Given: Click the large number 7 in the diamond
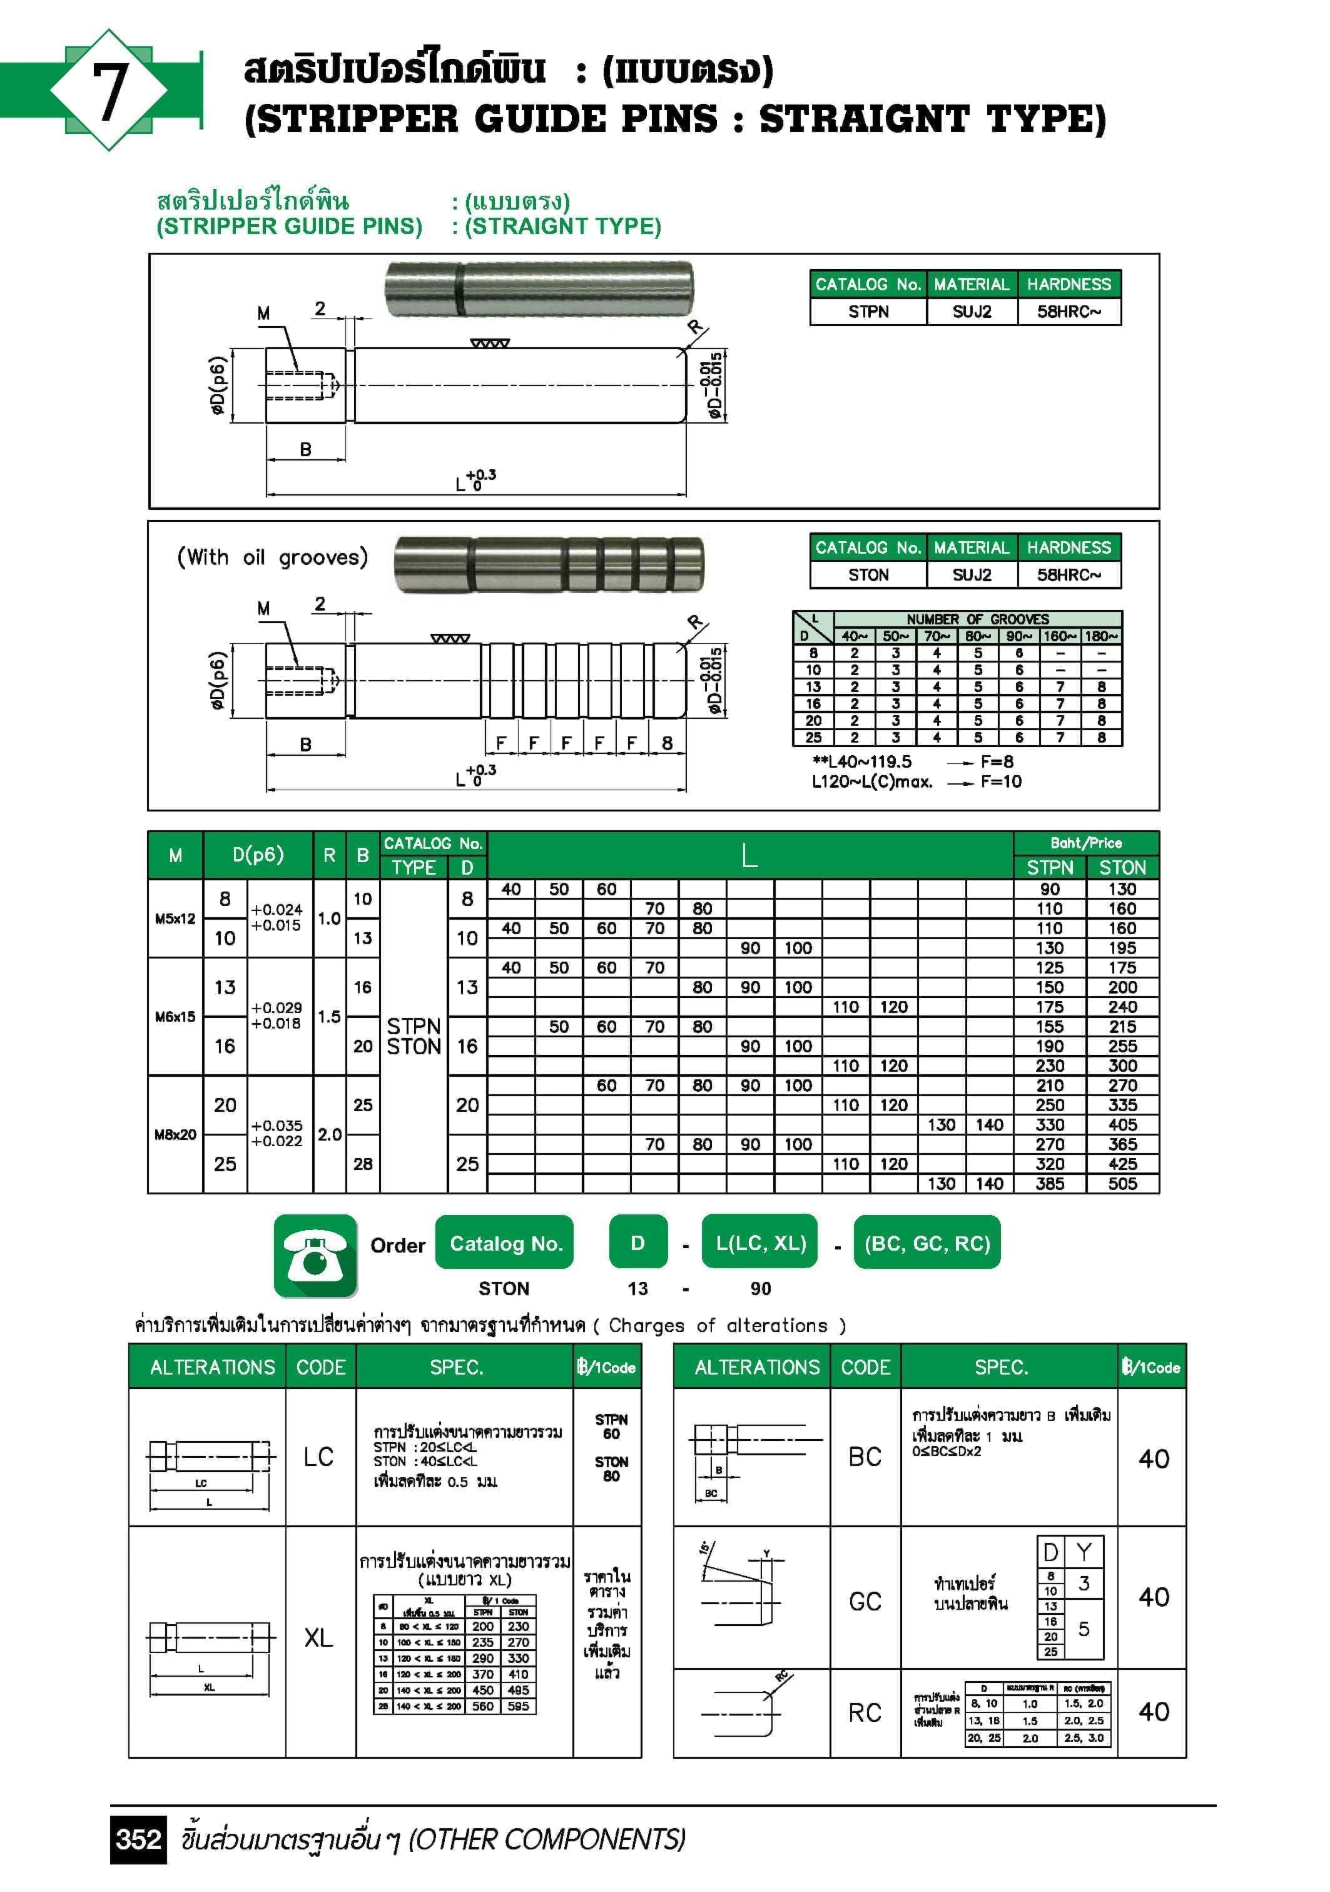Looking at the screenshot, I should point(109,91).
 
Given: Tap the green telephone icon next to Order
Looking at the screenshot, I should point(315,1255).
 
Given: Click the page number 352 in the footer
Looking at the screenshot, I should point(138,1838).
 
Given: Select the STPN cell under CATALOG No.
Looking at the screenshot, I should point(868,312).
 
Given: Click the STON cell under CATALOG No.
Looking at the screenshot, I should point(868,575).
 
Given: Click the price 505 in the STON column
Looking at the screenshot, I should point(1122,1183).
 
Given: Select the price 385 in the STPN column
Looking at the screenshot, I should point(1049,1183).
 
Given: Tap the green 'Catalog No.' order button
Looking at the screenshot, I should point(505,1243).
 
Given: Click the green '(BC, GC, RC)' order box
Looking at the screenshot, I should point(927,1243).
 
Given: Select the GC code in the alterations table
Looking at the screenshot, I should point(865,1601).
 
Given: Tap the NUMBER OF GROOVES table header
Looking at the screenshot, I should point(977,619).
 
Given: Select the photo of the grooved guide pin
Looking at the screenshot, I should point(549,564).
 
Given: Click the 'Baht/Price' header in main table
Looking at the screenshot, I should point(1085,843).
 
